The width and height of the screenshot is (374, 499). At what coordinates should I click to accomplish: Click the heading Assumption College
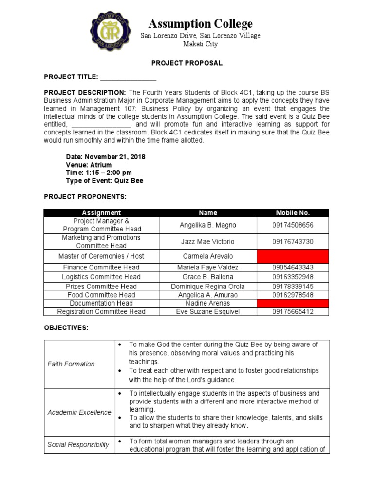click(200, 24)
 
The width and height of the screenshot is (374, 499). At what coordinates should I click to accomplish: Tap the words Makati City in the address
click(200, 44)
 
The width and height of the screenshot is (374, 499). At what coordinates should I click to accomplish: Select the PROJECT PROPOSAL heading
click(187, 63)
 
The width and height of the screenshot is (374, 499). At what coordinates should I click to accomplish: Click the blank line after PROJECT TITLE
click(128, 77)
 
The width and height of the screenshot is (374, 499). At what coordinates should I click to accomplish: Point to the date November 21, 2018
click(106, 157)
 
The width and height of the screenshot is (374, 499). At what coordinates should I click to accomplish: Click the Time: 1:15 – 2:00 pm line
click(99, 173)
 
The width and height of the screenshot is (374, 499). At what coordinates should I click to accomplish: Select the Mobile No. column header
click(293, 213)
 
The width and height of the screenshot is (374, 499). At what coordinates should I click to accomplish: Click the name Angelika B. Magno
click(208, 225)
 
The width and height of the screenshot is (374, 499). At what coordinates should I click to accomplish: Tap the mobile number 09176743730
click(293, 242)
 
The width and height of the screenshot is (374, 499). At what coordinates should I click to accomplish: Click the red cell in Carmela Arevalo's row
click(293, 256)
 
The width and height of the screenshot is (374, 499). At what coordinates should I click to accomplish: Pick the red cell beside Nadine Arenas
click(293, 304)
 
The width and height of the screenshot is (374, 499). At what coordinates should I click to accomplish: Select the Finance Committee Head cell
click(101, 268)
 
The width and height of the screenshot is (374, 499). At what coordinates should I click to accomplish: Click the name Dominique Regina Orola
click(208, 287)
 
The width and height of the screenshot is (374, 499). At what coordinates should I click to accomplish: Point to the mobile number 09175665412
click(293, 312)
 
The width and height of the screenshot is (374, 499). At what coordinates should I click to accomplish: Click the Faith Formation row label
click(71, 364)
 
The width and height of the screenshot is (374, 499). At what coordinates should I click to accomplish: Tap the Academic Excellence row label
click(79, 413)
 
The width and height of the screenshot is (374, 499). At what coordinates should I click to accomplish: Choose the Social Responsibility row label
click(78, 445)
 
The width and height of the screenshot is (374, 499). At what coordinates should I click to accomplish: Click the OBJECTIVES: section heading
click(66, 328)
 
